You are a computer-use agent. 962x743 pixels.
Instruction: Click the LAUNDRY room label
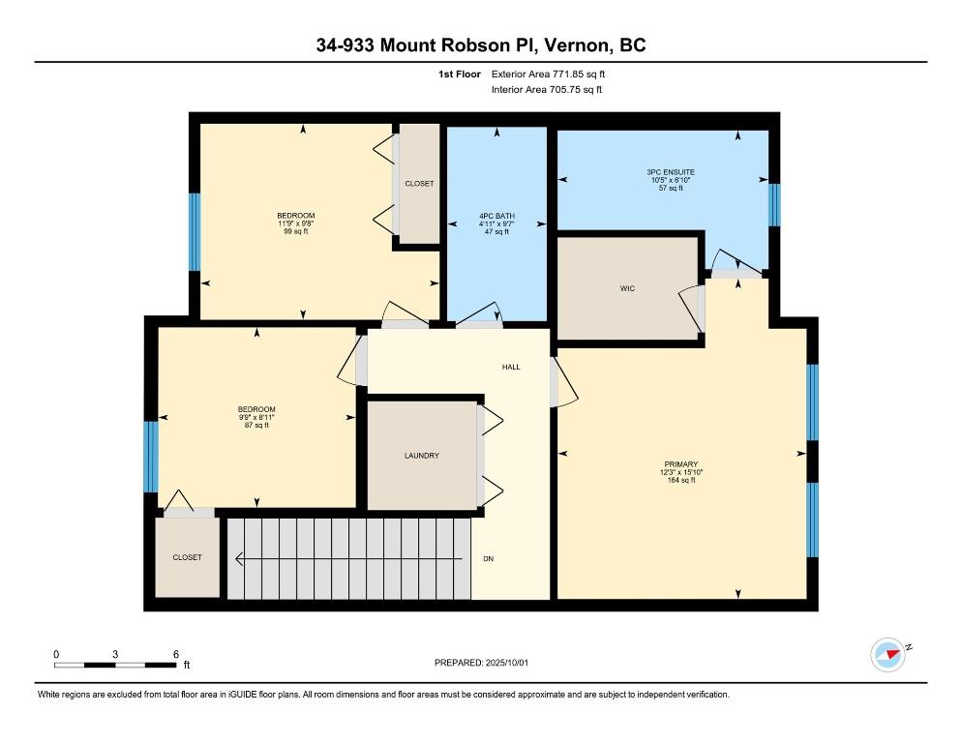[422, 456]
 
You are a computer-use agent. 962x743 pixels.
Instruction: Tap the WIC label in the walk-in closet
[627, 288]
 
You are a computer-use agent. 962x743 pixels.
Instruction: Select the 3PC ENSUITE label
[671, 172]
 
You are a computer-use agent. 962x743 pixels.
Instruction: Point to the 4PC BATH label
[496, 216]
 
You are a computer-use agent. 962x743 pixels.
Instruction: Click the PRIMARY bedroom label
[681, 464]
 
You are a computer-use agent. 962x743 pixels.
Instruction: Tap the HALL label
[511, 367]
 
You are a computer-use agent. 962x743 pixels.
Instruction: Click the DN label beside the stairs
[489, 559]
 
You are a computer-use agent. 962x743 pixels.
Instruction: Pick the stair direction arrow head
[240, 559]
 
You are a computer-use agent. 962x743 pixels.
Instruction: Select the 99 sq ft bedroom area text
[296, 231]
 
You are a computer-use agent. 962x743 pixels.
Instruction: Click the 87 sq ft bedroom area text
[256, 425]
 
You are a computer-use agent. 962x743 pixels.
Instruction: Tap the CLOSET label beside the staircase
[187, 557]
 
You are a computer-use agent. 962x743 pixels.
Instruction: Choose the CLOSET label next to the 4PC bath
[420, 184]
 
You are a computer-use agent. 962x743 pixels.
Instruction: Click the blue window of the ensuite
[774, 205]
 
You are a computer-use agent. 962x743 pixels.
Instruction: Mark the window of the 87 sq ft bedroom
[150, 457]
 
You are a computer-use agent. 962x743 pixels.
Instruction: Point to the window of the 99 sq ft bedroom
[195, 232]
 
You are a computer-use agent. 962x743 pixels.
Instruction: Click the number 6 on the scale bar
[176, 654]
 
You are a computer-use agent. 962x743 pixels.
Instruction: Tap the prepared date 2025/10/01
[507, 663]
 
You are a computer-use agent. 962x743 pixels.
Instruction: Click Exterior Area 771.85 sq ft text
[548, 74]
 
